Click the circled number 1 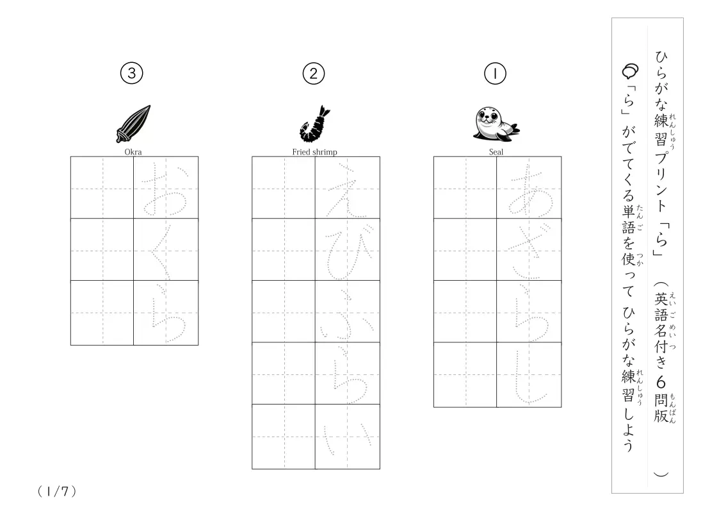[495, 74]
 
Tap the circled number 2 [314, 74]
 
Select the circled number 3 [132, 73]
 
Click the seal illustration [496, 124]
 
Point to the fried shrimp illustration [315, 124]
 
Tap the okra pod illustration [133, 124]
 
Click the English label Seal [496, 152]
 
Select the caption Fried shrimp [314, 152]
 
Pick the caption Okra [133, 152]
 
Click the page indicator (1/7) [57, 492]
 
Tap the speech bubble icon [630, 71]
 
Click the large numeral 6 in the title [660, 382]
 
